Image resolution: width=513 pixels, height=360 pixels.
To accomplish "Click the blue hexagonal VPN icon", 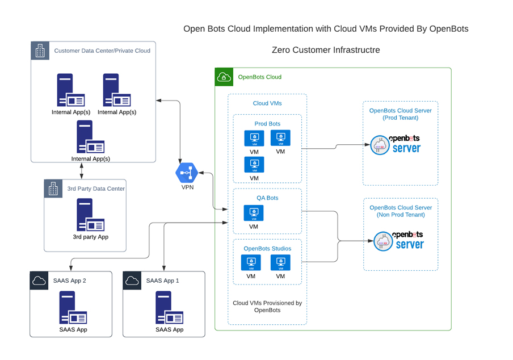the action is (x=187, y=173).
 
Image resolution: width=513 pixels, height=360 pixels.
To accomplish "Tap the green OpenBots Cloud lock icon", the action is (x=224, y=77).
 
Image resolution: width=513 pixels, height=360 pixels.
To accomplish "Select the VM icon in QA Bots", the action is (x=254, y=213).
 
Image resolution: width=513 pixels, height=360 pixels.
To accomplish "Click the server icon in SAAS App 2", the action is (x=73, y=308).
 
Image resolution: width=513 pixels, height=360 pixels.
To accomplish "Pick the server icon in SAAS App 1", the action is (x=169, y=308).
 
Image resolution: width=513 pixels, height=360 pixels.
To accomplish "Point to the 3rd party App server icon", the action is (x=91, y=215).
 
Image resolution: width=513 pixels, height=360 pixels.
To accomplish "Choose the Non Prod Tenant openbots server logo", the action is (x=398, y=241).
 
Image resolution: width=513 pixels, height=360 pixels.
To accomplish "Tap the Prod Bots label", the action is (x=267, y=124).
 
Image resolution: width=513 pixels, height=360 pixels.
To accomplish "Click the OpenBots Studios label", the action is (x=267, y=248).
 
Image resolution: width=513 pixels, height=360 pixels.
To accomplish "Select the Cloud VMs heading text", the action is (x=267, y=103).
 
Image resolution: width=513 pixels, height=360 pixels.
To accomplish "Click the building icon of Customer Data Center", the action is (x=40, y=51).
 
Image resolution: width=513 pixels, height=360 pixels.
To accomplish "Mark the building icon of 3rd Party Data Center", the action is (x=53, y=189).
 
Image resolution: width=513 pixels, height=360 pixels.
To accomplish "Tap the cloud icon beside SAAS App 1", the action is (x=132, y=281).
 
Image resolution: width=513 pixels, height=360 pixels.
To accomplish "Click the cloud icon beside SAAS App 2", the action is (x=39, y=281).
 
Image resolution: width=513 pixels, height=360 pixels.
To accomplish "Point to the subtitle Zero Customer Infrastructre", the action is (x=326, y=50).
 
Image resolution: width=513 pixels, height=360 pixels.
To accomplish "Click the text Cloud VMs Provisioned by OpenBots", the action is (x=267, y=306).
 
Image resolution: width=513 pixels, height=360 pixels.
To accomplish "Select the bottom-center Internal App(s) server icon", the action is (x=91, y=136).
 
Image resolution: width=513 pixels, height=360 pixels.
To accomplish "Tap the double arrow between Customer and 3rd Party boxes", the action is (x=82, y=171).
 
